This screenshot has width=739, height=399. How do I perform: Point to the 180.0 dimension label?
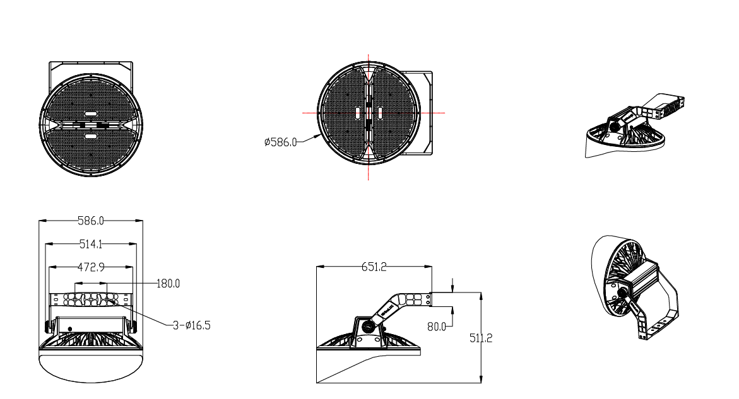pos(168,284)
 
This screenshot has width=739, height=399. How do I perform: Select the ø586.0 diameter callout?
pos(280,143)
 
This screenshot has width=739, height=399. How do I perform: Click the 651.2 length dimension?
pos(374,267)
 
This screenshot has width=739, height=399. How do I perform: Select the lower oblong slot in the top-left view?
pos(91,136)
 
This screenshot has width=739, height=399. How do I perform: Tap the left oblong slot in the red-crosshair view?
pos(358,113)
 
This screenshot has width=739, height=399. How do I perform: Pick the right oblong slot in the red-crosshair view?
pos(380,113)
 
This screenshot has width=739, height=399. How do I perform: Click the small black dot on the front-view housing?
pos(69,329)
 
